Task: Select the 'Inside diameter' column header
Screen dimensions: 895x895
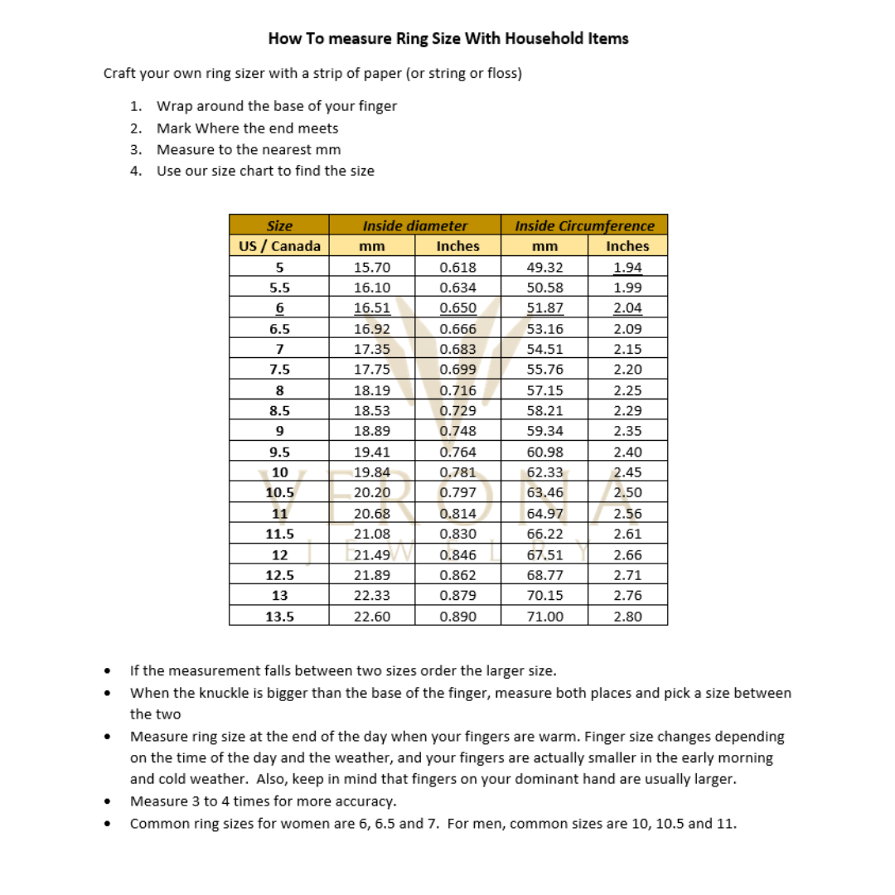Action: click(x=414, y=225)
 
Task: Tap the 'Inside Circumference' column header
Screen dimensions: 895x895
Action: click(x=584, y=225)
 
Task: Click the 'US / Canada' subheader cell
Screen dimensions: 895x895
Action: click(x=278, y=246)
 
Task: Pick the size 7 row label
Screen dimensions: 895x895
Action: click(x=279, y=349)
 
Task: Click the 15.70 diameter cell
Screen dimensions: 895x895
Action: click(x=372, y=267)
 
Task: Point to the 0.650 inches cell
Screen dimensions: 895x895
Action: click(x=457, y=308)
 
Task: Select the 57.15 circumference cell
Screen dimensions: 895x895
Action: click(x=545, y=390)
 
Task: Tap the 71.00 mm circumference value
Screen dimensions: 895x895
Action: click(x=545, y=616)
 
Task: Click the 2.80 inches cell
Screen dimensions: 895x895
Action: click(x=627, y=616)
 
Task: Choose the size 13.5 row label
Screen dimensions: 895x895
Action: click(x=279, y=616)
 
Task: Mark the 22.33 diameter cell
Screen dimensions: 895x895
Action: click(x=372, y=595)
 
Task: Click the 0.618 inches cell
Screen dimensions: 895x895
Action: click(x=457, y=267)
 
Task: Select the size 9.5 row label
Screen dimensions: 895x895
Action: click(x=279, y=452)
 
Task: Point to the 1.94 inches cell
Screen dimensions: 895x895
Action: click(x=627, y=267)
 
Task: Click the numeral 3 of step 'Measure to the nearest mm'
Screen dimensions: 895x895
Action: click(x=135, y=150)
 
